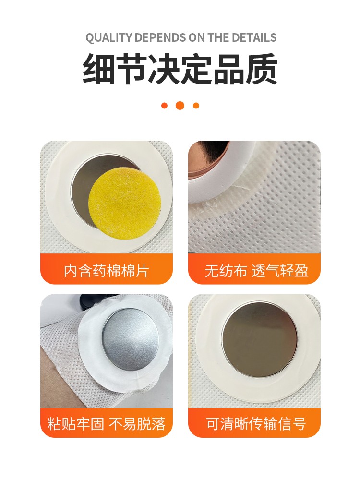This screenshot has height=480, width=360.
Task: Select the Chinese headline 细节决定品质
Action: pos(180,69)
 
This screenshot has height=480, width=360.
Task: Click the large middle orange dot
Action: pos(180,105)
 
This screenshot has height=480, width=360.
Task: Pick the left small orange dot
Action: pos(164,106)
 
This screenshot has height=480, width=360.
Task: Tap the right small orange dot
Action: pos(196,106)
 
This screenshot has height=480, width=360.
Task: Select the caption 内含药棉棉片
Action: pos(107,271)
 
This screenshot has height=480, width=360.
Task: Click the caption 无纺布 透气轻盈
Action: pos(256,271)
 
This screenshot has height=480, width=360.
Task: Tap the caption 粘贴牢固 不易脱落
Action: pos(107,424)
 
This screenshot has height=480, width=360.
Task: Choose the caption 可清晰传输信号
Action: pos(256,424)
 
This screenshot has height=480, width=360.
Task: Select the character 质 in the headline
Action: pos(262,69)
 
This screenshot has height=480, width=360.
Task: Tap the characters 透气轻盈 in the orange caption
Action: pos(280,271)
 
